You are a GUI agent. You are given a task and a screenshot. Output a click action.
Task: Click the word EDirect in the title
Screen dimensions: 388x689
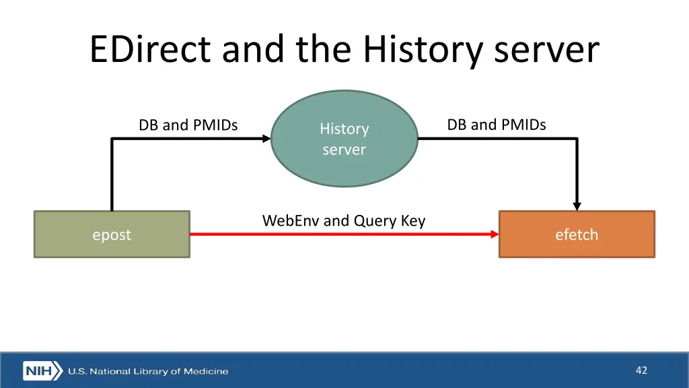click(x=151, y=51)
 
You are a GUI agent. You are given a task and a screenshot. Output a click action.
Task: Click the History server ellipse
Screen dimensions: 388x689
click(x=344, y=139)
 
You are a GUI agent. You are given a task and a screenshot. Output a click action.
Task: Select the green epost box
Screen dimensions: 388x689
click(x=112, y=234)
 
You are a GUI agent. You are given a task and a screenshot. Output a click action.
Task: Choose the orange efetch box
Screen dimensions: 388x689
click(x=576, y=234)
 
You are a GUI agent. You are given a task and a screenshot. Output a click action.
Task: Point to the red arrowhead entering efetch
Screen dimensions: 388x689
click(x=495, y=234)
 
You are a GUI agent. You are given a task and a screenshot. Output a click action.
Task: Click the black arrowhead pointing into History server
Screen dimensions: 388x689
click(x=266, y=139)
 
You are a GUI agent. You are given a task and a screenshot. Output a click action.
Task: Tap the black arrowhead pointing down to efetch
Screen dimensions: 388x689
click(x=577, y=205)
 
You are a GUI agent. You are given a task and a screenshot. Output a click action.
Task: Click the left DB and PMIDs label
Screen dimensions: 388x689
click(x=188, y=125)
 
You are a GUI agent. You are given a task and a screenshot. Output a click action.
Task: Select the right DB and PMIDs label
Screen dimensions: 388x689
click(x=497, y=125)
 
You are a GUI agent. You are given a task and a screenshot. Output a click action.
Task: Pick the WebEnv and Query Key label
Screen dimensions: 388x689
click(x=343, y=220)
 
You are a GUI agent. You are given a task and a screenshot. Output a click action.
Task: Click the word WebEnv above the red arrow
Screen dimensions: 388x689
click(x=291, y=220)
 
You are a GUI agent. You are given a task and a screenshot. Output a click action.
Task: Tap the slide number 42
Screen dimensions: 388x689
click(x=641, y=370)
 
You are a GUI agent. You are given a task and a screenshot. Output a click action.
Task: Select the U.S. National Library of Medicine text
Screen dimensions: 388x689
click(x=148, y=371)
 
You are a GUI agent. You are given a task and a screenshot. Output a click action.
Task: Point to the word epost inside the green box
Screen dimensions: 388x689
click(x=112, y=235)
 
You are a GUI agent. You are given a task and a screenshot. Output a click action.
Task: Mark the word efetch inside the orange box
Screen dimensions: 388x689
click(x=576, y=234)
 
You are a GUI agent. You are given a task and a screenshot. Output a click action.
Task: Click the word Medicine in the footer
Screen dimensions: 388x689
click(x=208, y=371)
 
